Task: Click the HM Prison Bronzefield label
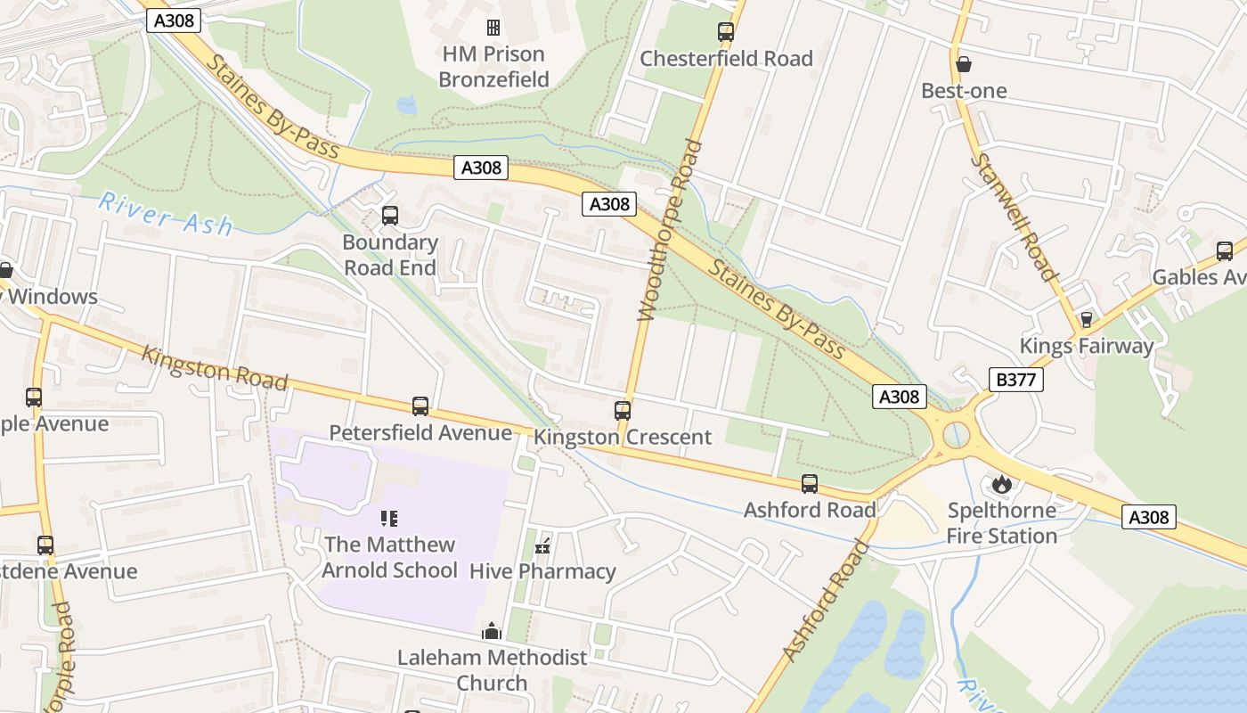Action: click(493, 67)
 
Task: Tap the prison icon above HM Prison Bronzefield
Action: click(493, 28)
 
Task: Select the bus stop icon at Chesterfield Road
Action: click(726, 32)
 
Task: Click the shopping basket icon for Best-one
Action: click(963, 64)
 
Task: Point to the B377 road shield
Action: click(1015, 380)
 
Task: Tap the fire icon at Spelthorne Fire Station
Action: click(1001, 484)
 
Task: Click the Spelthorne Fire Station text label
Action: click(1001, 523)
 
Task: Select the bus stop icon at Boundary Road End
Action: click(389, 215)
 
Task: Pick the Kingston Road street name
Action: click(215, 368)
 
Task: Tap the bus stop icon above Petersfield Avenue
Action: click(420, 406)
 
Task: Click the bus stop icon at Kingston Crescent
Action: click(623, 410)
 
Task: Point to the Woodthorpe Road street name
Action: click(670, 230)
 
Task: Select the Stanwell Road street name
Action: click(1013, 217)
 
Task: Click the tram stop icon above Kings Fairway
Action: click(1086, 319)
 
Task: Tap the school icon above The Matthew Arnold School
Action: click(389, 518)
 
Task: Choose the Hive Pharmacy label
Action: click(542, 571)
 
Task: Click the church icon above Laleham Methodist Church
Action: click(492, 631)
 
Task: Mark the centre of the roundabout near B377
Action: click(956, 436)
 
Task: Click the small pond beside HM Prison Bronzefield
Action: click(407, 105)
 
